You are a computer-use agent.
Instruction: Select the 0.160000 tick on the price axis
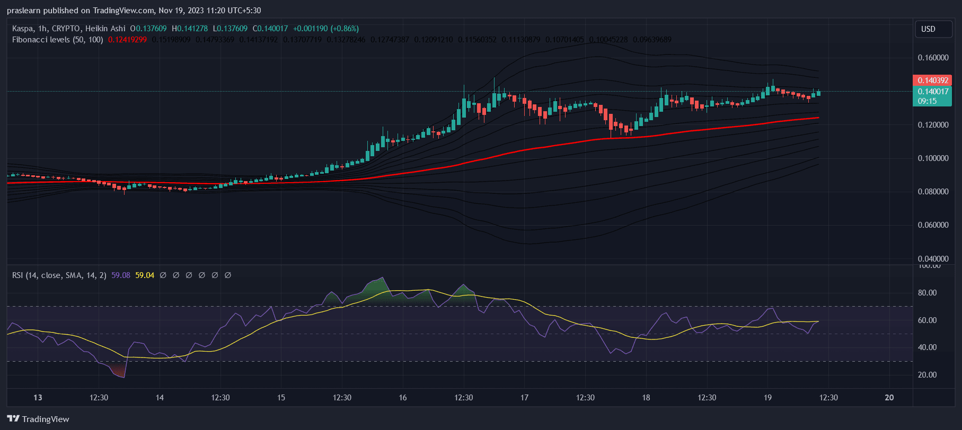pyautogui.click(x=933, y=58)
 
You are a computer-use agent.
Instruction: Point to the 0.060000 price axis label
pyautogui.click(x=933, y=225)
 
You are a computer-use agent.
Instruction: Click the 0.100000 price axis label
pyautogui.click(x=933, y=158)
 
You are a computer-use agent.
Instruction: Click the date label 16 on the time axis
pyautogui.click(x=403, y=398)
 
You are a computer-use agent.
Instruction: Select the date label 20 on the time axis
pyautogui.click(x=889, y=398)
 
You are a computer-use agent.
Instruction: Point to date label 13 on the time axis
pyautogui.click(x=38, y=398)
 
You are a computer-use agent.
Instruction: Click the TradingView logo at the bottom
pyautogui.click(x=38, y=419)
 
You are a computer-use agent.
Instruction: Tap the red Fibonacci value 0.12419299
pyautogui.click(x=127, y=40)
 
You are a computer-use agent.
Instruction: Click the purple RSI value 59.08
pyautogui.click(x=121, y=275)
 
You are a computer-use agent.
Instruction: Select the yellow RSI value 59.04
pyautogui.click(x=145, y=275)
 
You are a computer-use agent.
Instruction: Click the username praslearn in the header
pyautogui.click(x=23, y=11)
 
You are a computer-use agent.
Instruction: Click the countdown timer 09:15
pyautogui.click(x=927, y=101)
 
